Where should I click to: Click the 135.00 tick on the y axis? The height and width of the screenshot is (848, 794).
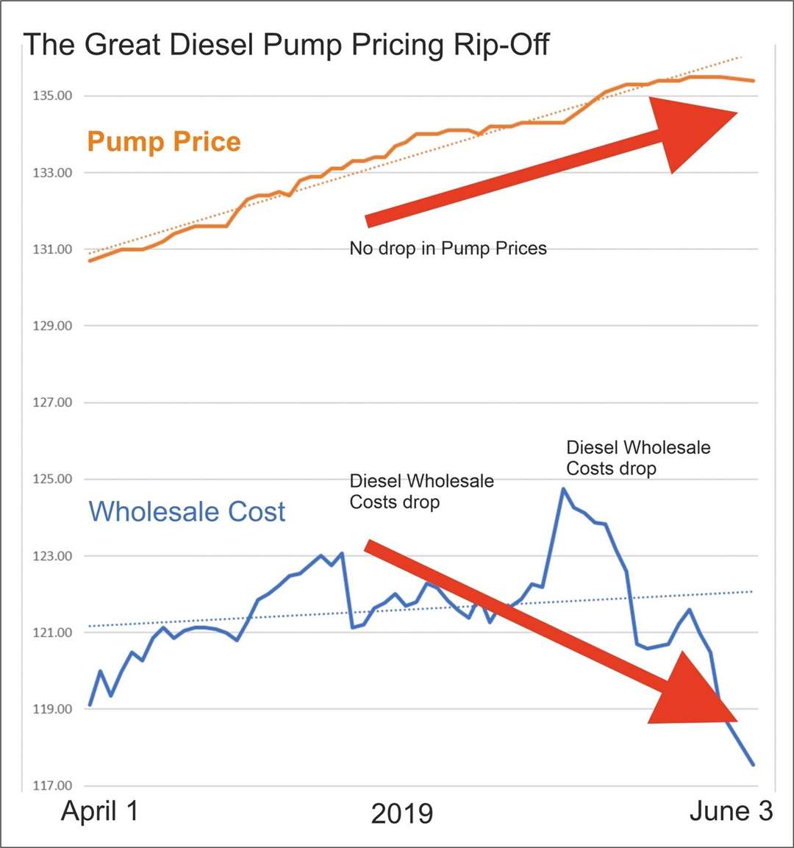click(51, 96)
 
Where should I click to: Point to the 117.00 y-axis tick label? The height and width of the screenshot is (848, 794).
click(51, 785)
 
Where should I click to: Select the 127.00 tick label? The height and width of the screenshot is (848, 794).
click(51, 402)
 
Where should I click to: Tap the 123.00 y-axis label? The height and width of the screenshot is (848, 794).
click(51, 556)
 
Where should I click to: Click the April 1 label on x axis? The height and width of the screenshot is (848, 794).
click(99, 810)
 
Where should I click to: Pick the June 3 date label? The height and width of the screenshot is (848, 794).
click(731, 810)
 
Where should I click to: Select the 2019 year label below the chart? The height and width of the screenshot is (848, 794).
click(401, 813)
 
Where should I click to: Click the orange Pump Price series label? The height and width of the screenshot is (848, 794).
click(164, 141)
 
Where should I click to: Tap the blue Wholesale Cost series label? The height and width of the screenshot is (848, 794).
click(187, 511)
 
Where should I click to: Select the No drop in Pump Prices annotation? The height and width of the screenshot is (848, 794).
click(448, 249)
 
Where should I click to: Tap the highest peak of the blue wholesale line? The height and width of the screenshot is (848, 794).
click(563, 488)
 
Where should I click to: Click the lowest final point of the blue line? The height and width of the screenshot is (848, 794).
click(753, 765)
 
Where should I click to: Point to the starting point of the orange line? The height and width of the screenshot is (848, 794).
click(90, 260)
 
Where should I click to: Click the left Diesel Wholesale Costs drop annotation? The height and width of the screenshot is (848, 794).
click(421, 491)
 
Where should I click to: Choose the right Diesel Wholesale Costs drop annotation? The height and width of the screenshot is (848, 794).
click(638, 457)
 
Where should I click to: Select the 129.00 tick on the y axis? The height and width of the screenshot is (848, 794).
click(51, 326)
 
